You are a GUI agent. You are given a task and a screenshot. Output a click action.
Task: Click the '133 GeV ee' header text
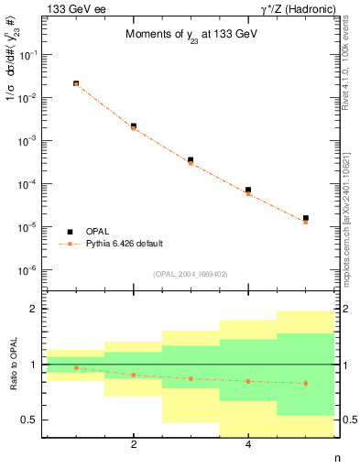[70, 8]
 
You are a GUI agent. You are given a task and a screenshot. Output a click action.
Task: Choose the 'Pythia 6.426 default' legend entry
[124, 244]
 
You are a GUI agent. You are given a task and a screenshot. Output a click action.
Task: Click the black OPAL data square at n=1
[76, 83]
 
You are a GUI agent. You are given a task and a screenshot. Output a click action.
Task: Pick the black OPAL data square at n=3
[191, 159]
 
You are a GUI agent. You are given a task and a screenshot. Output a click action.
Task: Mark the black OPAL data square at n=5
[305, 218]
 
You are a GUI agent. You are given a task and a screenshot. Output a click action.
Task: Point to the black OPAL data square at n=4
[248, 190]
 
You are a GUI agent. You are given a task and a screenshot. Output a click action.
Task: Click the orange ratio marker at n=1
[76, 367]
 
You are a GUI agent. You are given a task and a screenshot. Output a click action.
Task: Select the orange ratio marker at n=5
[305, 383]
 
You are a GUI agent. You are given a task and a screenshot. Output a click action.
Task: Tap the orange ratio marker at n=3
[191, 378]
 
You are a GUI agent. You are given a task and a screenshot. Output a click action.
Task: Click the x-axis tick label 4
[248, 445]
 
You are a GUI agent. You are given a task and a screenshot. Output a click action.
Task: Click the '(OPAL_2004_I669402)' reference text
[191, 274]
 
